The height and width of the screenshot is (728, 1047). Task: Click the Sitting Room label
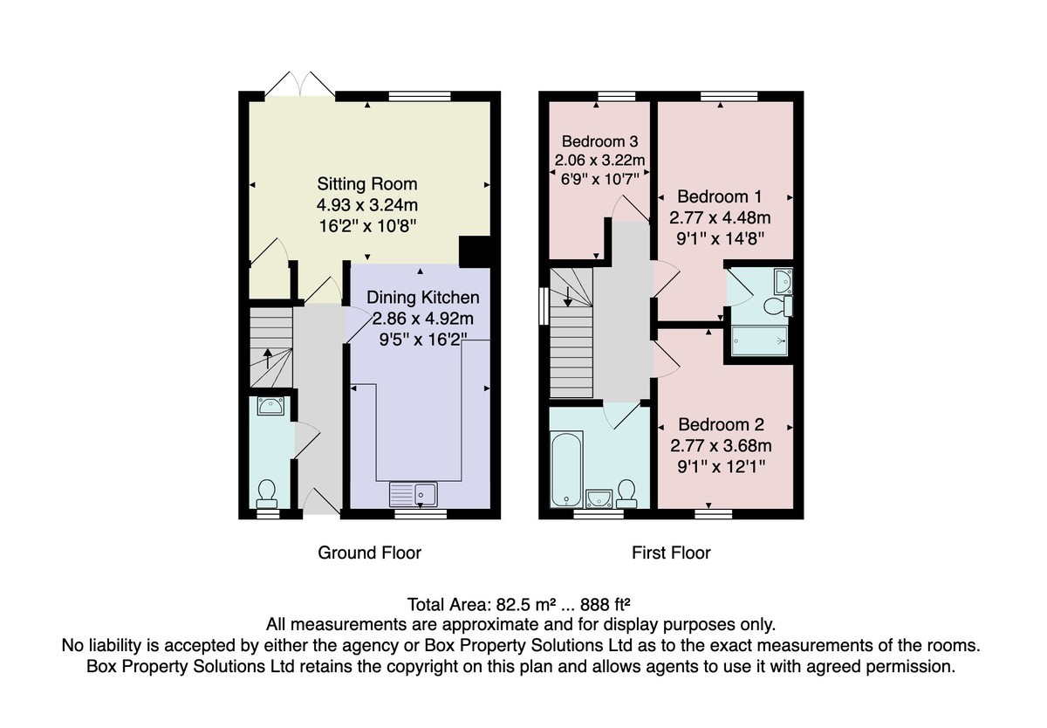click(367, 184)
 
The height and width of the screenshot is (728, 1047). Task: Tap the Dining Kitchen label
click(422, 298)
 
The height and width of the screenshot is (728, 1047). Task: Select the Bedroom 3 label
click(599, 141)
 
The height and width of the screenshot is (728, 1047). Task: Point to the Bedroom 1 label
click(719, 196)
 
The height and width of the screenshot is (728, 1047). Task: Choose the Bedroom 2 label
click(721, 424)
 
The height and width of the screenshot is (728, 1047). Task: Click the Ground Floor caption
click(369, 553)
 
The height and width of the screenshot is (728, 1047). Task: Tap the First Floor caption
click(671, 553)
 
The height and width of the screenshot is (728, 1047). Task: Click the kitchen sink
click(414, 494)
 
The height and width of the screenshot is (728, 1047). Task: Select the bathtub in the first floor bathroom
click(566, 469)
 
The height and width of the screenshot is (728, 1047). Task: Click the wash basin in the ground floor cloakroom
click(270, 406)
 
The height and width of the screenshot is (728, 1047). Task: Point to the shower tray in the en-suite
click(760, 340)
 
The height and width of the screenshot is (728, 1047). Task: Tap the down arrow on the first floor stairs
click(567, 297)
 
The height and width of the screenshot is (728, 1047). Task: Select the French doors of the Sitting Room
click(300, 85)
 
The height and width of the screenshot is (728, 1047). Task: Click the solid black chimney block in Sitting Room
click(475, 252)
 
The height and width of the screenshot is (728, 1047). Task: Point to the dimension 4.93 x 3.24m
click(367, 205)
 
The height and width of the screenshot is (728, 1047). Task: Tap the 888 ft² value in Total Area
click(606, 605)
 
